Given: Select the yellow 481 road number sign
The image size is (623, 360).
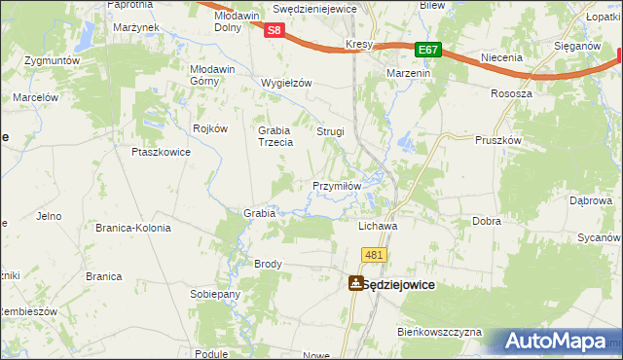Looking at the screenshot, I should click(375, 255).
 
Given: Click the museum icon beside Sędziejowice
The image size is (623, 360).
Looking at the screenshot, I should click(355, 283).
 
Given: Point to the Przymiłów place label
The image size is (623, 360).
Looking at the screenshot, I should click(337, 186).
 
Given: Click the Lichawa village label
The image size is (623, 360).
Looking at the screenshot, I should click(379, 225).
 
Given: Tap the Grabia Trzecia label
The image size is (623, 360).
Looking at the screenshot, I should click(275, 136).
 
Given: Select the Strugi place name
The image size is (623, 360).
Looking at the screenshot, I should click(331, 131).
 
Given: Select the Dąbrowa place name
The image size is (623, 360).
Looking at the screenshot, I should click(590, 200).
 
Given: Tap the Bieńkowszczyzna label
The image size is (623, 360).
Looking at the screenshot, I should click(439, 332).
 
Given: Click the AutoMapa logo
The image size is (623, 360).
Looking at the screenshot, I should click(556, 342).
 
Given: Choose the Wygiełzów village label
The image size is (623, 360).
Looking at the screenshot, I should click(286, 83).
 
